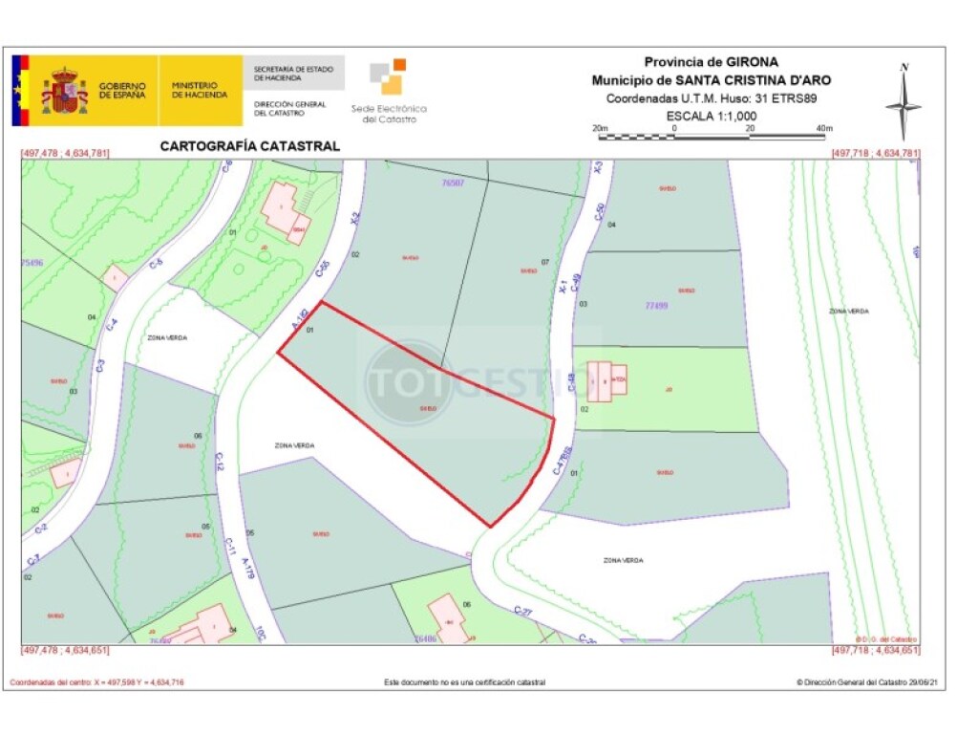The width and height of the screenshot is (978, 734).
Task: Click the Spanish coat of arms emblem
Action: click(64, 91)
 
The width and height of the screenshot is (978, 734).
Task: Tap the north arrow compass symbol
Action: click(904, 101)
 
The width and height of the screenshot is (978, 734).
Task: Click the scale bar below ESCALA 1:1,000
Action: click(712, 137)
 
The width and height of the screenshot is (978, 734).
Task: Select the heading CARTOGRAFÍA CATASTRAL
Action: click(249, 146)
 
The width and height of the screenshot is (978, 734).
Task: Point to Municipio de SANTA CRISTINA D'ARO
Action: click(712, 80)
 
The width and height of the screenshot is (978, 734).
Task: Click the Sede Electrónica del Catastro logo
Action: click(390, 92)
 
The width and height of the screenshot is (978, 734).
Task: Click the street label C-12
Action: click(219, 463)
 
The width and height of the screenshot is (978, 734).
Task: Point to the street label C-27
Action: click(521, 611)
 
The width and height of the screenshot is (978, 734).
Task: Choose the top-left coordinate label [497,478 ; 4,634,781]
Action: click(65, 153)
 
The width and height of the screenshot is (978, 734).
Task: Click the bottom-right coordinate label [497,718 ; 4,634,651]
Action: click(876, 650)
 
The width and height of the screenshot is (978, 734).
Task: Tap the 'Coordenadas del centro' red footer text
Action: click(96, 682)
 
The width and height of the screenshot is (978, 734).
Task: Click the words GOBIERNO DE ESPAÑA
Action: click(122, 91)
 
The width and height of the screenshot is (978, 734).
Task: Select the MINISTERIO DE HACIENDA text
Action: click(200, 91)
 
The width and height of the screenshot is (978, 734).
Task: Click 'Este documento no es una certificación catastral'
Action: click(465, 682)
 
